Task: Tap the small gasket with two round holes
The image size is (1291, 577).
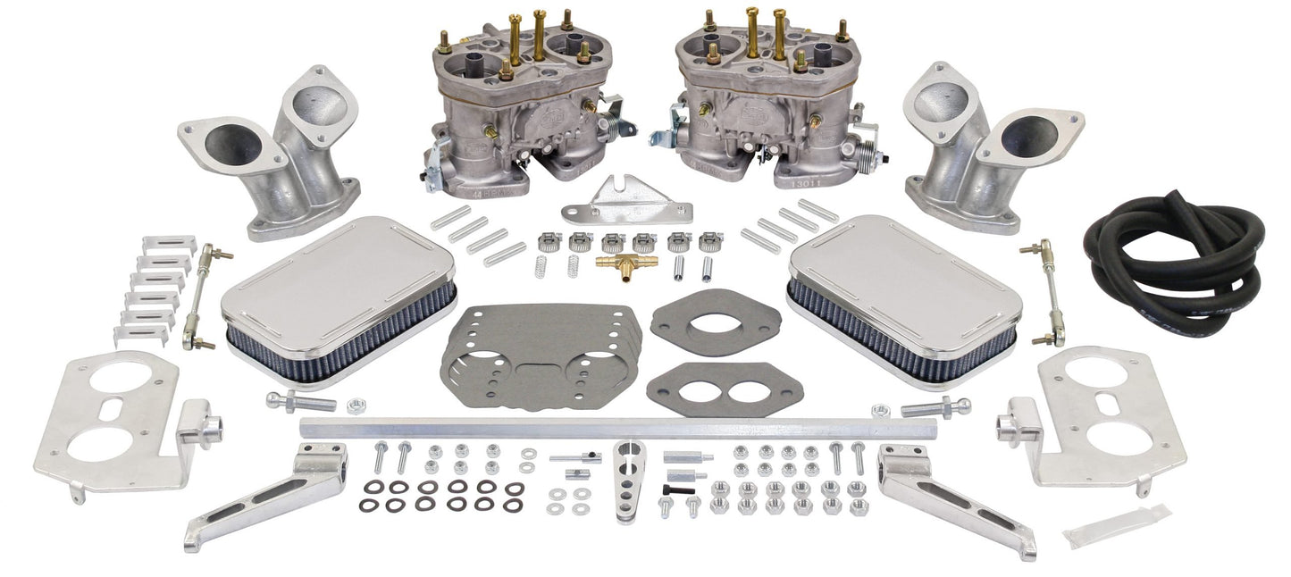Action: click(712, 388)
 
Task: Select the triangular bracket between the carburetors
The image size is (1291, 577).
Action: click(639, 201)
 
